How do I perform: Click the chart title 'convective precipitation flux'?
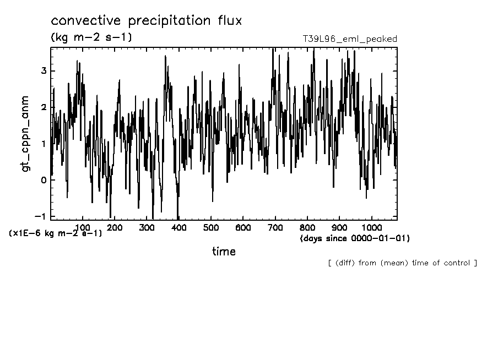click(x=147, y=21)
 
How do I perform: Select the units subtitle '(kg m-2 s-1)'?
click(x=91, y=37)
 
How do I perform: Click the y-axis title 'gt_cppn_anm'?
click(x=25, y=133)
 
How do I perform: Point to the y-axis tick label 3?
click(x=43, y=71)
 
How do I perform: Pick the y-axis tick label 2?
click(x=43, y=107)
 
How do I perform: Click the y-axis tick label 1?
click(x=43, y=144)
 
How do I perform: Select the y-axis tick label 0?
click(x=43, y=180)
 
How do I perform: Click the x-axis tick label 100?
click(x=82, y=227)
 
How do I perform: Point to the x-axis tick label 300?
click(x=147, y=227)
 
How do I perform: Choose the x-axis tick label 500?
click(x=211, y=227)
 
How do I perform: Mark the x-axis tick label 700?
click(x=275, y=227)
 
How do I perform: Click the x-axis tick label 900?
click(x=340, y=227)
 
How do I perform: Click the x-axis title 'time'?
click(x=224, y=252)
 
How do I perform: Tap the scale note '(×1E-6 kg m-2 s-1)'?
click(x=55, y=233)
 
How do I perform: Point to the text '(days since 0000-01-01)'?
click(x=355, y=238)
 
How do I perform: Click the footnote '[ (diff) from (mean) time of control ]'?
click(x=402, y=263)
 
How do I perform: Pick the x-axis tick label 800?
click(x=307, y=227)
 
